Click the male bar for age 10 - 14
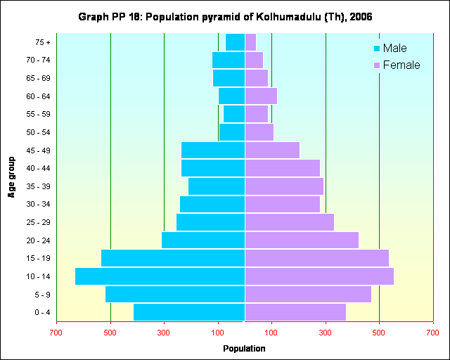coord(160,276)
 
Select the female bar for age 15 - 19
coord(316,258)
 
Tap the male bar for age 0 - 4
coord(189,311)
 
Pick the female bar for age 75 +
coord(250,42)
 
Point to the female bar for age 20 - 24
coord(302,240)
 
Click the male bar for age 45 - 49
coord(213,150)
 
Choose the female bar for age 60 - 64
coord(261,96)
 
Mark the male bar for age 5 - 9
coord(175,294)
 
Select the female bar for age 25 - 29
coord(289,222)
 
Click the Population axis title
coord(244,348)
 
